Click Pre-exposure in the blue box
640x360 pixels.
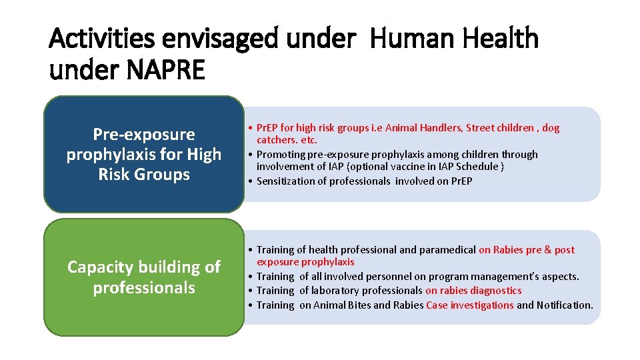pos(144,135)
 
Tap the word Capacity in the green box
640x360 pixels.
pos(101,267)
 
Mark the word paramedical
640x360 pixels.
pos(447,250)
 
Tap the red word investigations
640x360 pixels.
pos(481,305)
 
